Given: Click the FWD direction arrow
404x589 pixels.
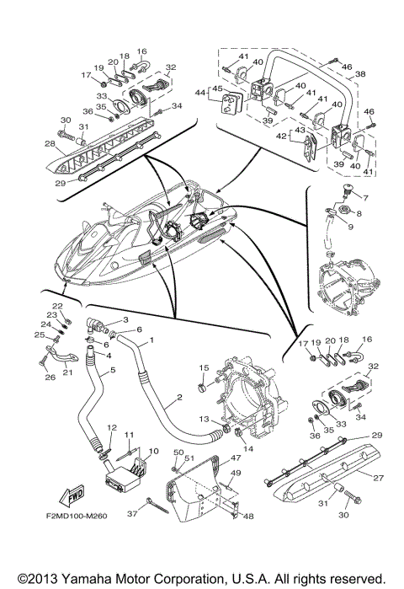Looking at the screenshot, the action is point(72,496).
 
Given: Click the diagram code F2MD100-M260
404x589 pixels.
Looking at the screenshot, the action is point(77,516).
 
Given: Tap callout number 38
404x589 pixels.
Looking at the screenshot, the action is point(360,74).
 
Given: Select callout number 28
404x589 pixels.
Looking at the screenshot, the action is point(50,143).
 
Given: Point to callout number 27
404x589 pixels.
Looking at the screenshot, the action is point(378,478).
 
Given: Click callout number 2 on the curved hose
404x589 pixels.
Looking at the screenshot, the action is point(179,397).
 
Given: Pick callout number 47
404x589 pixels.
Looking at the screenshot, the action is point(236,458).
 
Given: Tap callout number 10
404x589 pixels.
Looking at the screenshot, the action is point(153,451).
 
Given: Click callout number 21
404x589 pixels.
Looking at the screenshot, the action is point(67,372).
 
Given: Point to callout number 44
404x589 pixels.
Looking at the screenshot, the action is point(200,92).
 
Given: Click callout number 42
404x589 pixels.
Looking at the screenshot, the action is point(284,136).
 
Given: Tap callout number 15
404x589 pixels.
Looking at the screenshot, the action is point(204,367).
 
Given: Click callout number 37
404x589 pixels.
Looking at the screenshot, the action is point(132,513).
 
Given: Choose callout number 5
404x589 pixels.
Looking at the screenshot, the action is point(113,371).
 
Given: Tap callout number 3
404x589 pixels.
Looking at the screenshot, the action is point(125,319).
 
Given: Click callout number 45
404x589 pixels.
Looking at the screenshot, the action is point(217,88).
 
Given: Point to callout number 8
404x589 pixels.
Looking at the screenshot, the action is point(359,213).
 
